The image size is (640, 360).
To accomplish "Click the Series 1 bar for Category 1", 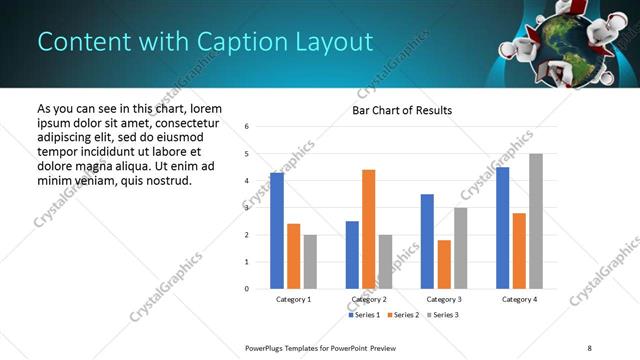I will tap(277, 231).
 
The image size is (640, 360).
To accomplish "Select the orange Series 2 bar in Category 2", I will tap(368, 229).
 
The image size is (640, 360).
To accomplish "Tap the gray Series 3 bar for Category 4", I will tap(536, 221).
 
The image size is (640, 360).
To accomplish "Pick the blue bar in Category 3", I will tap(427, 241).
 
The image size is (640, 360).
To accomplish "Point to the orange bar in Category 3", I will tap(444, 264).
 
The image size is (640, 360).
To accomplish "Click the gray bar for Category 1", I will tap(310, 262).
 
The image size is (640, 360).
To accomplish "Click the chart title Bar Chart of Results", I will tap(401, 110).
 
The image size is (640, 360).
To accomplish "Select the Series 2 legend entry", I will tap(402, 315).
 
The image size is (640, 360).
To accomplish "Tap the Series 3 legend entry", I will tap(443, 315).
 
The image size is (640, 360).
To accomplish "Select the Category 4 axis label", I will tap(519, 299).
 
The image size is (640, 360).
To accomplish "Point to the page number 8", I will tap(589, 348).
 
